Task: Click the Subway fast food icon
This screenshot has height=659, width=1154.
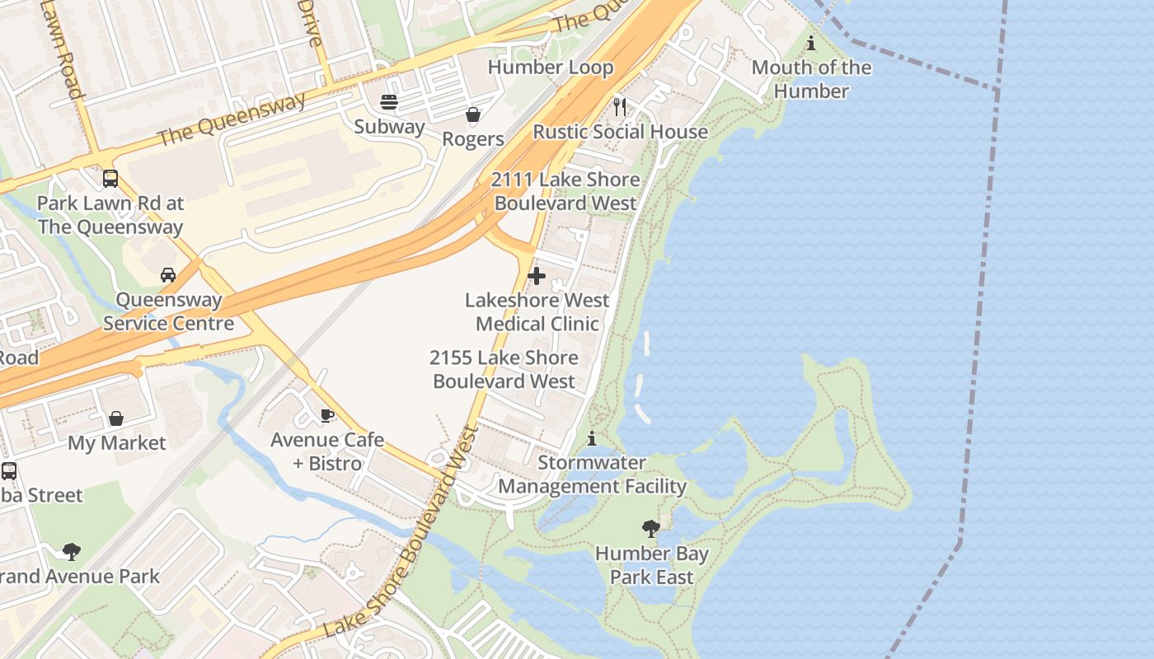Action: click(x=389, y=102)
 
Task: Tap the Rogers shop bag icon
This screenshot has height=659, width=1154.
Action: click(x=473, y=115)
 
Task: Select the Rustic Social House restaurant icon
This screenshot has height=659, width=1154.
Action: click(x=620, y=107)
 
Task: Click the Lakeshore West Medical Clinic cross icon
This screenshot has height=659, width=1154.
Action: click(x=537, y=276)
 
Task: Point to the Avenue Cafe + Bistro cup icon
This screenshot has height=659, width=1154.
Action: click(x=327, y=415)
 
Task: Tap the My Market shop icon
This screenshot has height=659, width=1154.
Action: click(x=116, y=418)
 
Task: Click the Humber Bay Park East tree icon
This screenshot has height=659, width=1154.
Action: click(x=650, y=529)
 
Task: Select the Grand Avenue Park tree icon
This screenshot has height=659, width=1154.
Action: click(x=72, y=551)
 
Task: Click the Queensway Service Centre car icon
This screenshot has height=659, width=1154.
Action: click(x=168, y=275)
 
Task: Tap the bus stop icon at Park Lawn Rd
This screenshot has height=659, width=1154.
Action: click(x=110, y=179)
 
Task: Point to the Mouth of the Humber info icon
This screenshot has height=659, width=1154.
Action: click(x=811, y=43)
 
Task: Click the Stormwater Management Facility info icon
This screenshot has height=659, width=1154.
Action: click(x=591, y=438)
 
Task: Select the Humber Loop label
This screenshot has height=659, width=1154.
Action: click(x=551, y=68)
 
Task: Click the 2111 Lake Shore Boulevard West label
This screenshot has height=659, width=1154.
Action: click(x=565, y=191)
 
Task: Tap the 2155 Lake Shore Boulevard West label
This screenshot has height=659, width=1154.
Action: click(x=504, y=369)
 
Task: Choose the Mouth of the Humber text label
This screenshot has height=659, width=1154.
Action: click(x=811, y=79)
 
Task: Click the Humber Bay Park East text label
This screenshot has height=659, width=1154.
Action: click(x=651, y=565)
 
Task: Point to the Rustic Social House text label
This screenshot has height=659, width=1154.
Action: click(x=620, y=132)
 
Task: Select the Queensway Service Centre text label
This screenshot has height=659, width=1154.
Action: click(x=168, y=311)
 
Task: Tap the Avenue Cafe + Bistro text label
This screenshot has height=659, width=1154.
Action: click(x=327, y=451)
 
